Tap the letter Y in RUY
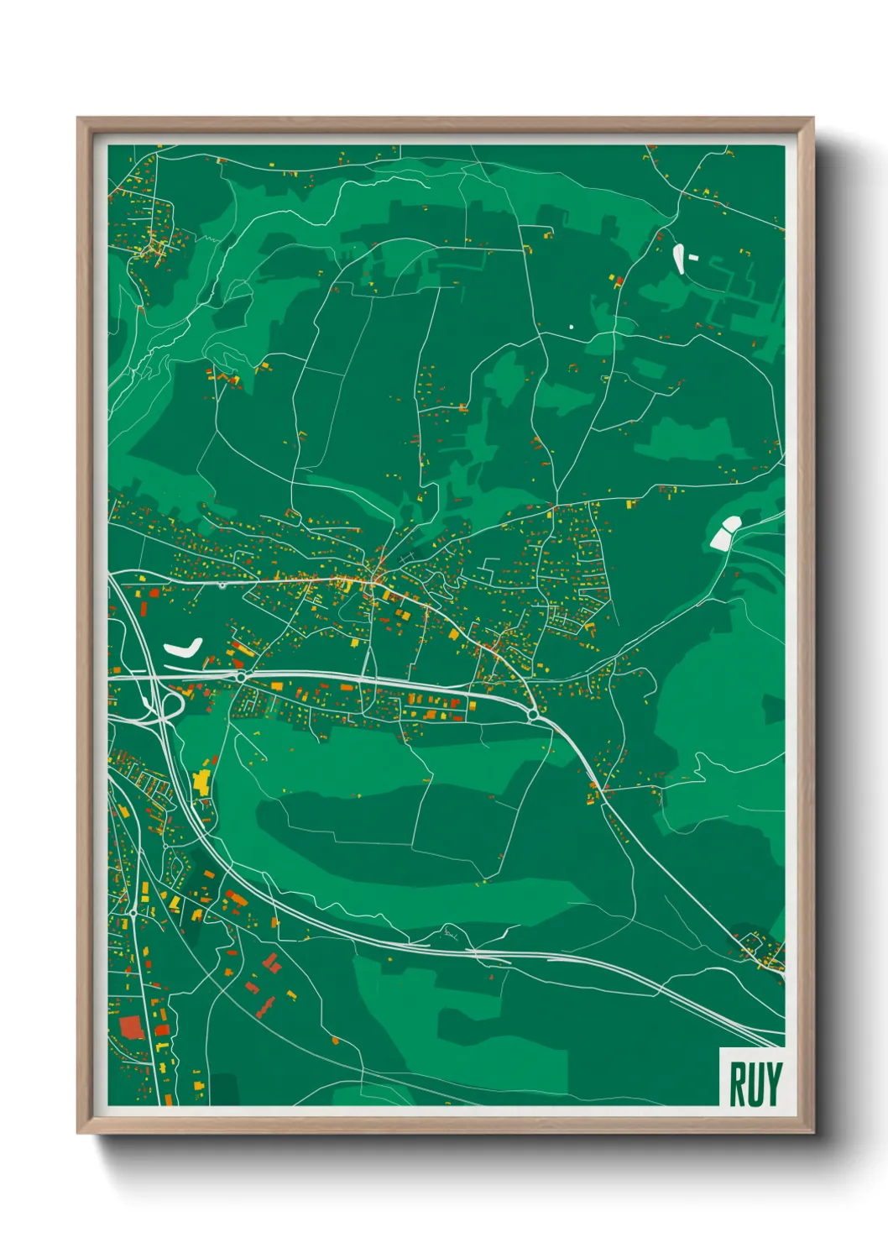pyautogui.click(x=773, y=1084)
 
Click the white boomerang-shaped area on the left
pyautogui.click(x=184, y=648)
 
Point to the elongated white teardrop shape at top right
pyautogui.click(x=678, y=258)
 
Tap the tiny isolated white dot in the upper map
pyautogui.click(x=571, y=327)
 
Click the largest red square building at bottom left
pyautogui.click(x=131, y=1027)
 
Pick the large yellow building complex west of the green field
pyautogui.click(x=201, y=782)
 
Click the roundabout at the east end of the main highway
pyautogui.click(x=532, y=715)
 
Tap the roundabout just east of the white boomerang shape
pyautogui.click(x=241, y=676)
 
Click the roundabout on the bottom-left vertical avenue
pyautogui.click(x=133, y=912)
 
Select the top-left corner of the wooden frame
pyautogui.click(x=78, y=118)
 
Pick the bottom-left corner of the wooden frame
pyautogui.click(x=78, y=1133)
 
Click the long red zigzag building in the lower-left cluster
pyautogui.click(x=266, y=1005)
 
